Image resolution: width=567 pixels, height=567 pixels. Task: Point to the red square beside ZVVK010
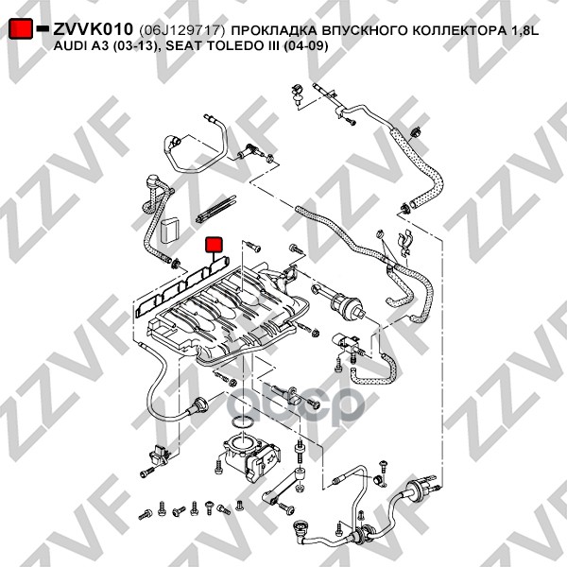coord(20,30)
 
